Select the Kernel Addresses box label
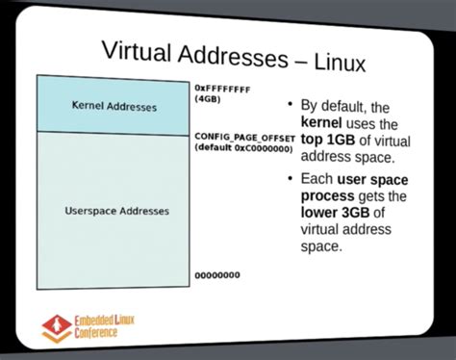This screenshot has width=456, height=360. [114, 107]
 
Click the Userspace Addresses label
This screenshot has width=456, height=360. [116, 210]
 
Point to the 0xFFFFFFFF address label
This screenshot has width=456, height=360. [223, 88]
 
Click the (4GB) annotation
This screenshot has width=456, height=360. [211, 99]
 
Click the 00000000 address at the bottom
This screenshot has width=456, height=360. [217, 275]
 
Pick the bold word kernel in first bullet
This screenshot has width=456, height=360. [323, 123]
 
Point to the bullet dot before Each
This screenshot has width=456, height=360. [291, 179]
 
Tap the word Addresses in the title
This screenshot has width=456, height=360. [232, 59]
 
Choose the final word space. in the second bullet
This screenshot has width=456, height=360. [322, 247]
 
